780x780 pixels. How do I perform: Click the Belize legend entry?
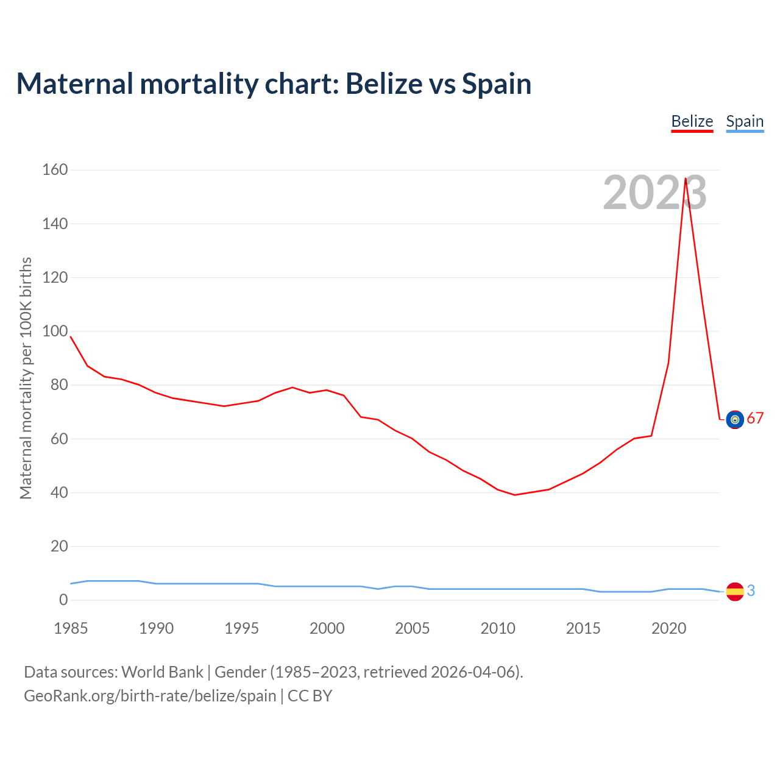692,121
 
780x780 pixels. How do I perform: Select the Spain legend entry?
745,121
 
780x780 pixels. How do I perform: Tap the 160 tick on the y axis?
55,170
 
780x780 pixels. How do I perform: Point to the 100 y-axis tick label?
55,331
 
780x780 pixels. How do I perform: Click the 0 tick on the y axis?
63,600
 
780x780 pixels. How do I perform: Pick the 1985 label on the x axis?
71,628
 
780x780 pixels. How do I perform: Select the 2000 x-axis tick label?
327,628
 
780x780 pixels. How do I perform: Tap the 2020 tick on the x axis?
668,628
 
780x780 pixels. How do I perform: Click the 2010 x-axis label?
498,628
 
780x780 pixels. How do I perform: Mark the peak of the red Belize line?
686,179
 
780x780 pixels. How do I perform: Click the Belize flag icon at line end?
735,419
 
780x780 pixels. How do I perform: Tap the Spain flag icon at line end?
735,591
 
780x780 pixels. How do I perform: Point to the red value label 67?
755,419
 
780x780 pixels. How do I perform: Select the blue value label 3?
751,590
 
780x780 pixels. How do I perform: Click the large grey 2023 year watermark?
654,193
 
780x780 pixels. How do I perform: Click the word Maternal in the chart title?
74,83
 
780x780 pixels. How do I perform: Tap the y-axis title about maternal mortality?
26,378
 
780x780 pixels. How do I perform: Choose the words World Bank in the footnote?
162,672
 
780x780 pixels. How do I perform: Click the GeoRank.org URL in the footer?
149,696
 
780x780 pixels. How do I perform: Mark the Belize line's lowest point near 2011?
515,495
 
